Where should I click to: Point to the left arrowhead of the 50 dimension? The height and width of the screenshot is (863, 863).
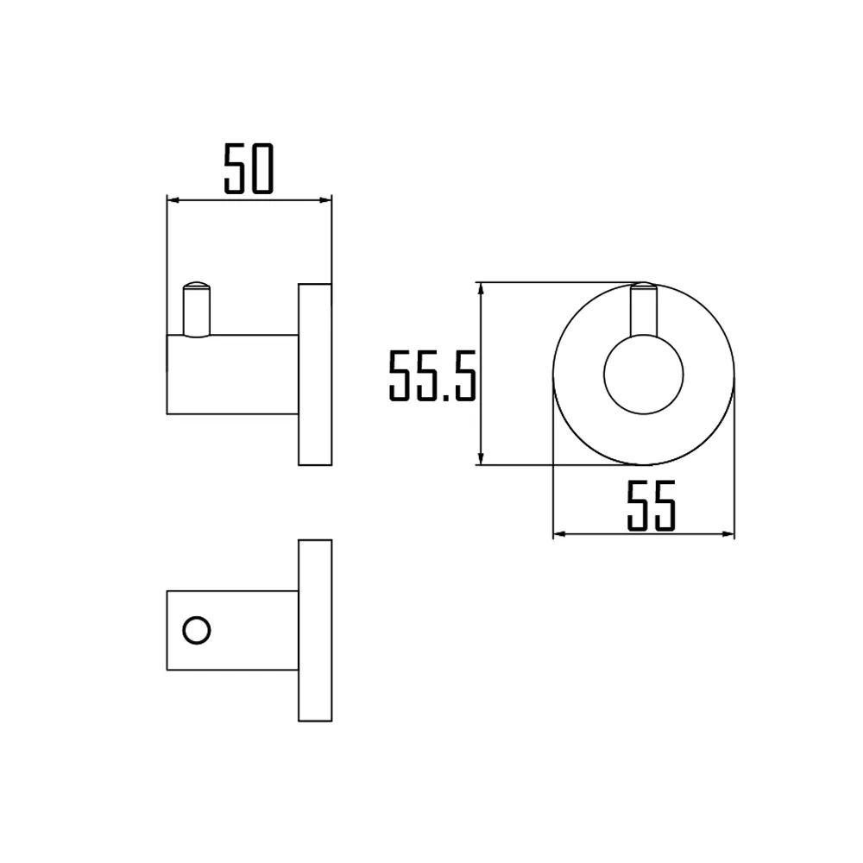coord(171,200)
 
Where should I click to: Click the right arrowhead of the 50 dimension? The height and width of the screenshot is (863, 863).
coord(327,200)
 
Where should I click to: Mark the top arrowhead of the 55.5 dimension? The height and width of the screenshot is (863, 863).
coord(481,287)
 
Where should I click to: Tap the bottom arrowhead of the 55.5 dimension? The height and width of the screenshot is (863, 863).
coord(481,460)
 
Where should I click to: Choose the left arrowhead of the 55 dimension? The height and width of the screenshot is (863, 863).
coord(557,534)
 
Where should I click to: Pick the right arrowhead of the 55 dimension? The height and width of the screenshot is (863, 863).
coord(729,534)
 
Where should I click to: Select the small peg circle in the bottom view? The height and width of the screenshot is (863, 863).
coord(197,630)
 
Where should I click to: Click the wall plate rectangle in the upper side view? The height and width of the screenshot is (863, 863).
coord(315,374)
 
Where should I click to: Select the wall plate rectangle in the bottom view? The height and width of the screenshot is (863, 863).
coord(315,630)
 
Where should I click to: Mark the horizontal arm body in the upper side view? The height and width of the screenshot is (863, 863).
coord(233,375)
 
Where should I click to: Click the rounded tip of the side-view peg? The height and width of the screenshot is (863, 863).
coord(196,285)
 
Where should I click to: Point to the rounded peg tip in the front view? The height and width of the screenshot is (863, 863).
coord(643,286)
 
